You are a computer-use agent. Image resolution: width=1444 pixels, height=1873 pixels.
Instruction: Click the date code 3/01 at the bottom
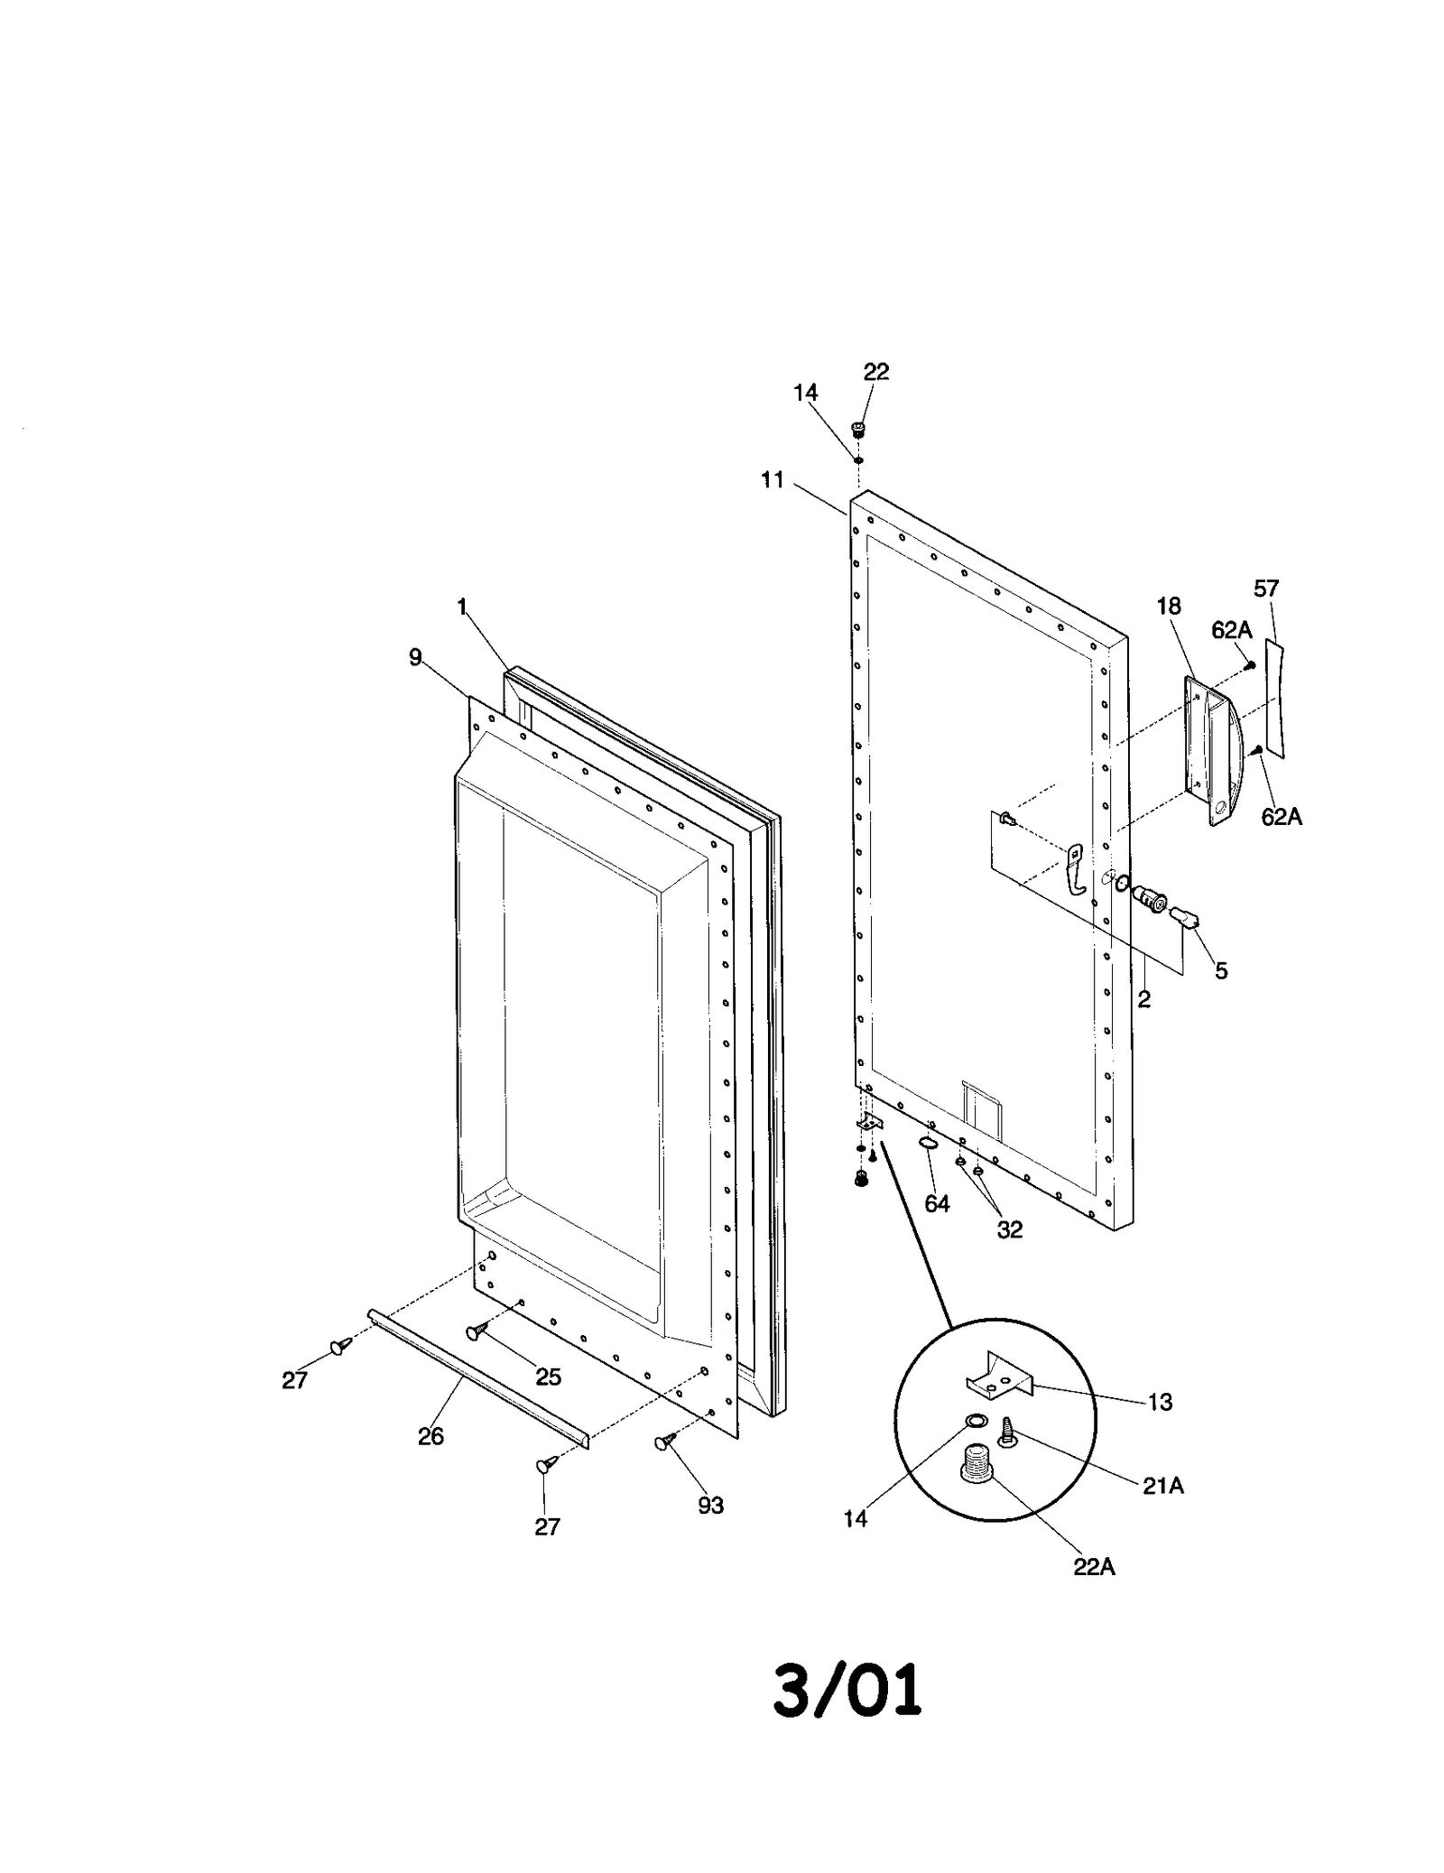pos(847,1690)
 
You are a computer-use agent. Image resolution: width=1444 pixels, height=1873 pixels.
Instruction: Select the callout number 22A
pos(1094,1567)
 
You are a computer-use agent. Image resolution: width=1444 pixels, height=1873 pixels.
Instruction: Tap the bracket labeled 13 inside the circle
pos(997,1378)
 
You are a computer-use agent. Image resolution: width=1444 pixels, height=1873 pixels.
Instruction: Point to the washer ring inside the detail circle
pos(976,1422)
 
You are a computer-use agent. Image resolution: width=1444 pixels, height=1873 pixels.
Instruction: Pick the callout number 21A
pos(1162,1486)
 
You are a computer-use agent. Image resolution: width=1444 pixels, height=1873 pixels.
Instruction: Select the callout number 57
pos(1266,589)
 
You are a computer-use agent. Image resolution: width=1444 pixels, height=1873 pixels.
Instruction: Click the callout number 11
pos(773,480)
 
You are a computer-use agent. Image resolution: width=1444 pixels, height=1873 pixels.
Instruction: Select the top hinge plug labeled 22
pos(857,429)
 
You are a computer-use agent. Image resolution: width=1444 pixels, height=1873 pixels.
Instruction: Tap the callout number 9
pos(415,657)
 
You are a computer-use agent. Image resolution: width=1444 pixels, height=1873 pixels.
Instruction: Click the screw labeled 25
pos(477,1331)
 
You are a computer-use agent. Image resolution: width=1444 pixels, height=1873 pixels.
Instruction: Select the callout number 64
pos(937,1203)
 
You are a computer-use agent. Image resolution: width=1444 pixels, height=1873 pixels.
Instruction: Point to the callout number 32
pos(1009,1229)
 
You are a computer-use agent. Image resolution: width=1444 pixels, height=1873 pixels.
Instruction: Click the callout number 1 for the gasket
pos(462,607)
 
